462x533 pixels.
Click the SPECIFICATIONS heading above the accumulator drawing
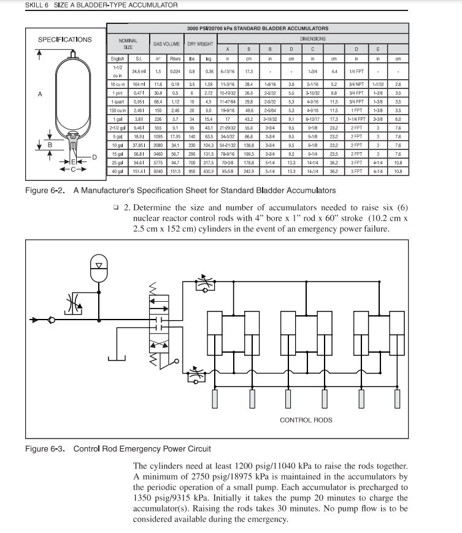pyautogui.click(x=64, y=40)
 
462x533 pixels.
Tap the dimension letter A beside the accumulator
pyautogui.click(x=40, y=94)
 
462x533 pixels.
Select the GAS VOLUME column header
pyautogui.click(x=166, y=44)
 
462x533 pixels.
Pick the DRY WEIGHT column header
pyautogui.click(x=200, y=44)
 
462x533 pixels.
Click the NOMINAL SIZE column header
pyautogui.click(x=128, y=44)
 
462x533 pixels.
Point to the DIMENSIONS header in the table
pyautogui.click(x=312, y=38)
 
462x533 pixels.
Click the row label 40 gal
pyautogui.click(x=117, y=172)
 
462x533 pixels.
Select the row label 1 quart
pyautogui.click(x=117, y=101)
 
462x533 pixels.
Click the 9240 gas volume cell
pyautogui.click(x=158, y=172)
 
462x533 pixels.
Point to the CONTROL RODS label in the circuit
pyautogui.click(x=306, y=420)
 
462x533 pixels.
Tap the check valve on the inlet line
pyautogui.click(x=52, y=320)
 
